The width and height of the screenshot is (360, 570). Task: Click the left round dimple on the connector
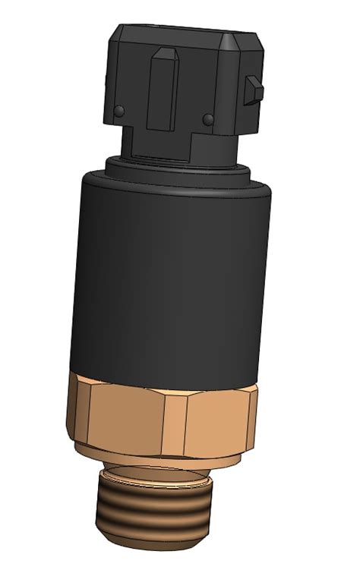pos(118,112)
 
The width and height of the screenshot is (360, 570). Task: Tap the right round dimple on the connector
pos(208,118)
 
